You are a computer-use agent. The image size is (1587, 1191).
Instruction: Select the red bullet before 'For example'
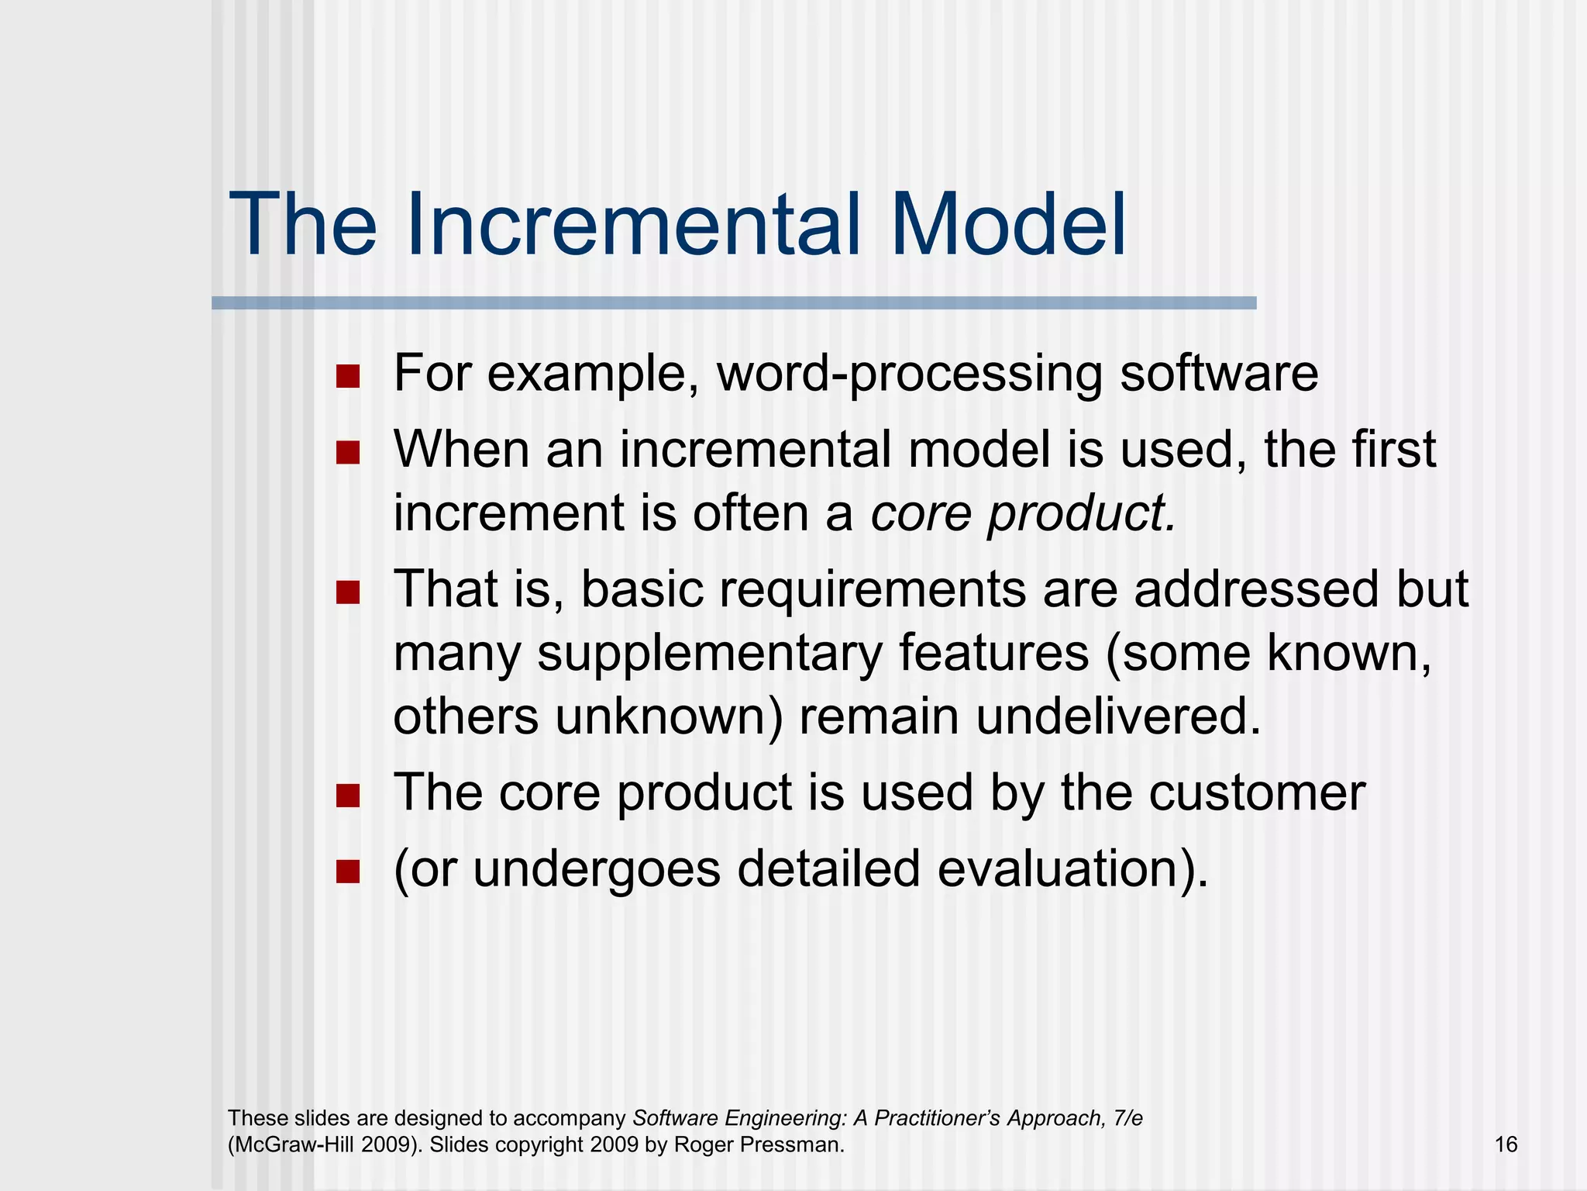point(348,377)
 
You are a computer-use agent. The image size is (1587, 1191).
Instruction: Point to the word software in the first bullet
point(1219,374)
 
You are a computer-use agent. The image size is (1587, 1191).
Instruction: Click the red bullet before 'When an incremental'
point(348,453)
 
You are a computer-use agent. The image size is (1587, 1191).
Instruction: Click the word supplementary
point(709,654)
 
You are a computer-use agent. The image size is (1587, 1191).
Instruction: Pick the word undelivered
point(1118,716)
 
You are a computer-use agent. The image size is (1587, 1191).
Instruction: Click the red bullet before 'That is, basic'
point(348,593)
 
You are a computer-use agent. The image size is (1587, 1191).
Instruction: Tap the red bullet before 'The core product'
point(348,796)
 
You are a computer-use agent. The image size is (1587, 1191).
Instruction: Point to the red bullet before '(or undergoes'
point(348,872)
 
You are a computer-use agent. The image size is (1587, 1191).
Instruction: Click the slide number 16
point(1505,1144)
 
